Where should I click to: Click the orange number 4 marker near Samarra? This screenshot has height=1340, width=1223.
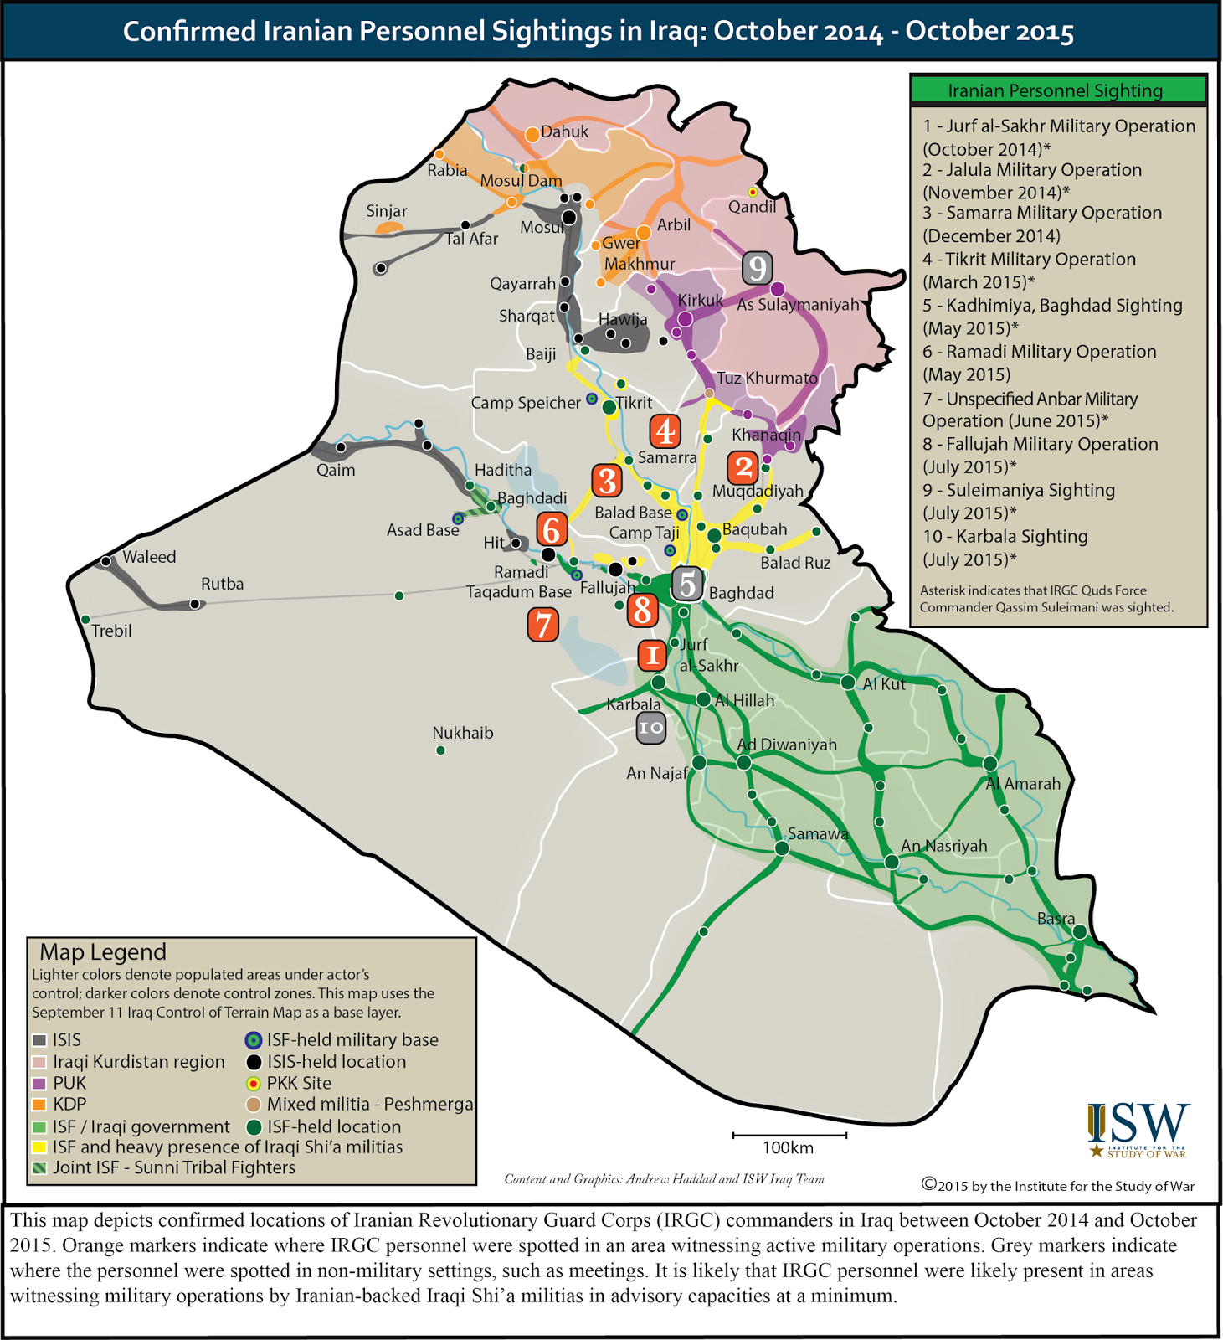click(x=665, y=431)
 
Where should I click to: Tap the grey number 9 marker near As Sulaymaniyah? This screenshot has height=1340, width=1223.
click(x=757, y=268)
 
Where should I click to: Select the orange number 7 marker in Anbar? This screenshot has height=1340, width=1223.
click(x=543, y=625)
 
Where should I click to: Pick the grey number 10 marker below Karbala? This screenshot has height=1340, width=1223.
click(x=650, y=728)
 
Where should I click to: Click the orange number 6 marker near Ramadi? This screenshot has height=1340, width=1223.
click(x=552, y=530)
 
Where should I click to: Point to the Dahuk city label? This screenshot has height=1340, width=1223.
click(x=564, y=131)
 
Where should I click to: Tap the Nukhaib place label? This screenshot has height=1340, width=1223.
click(x=462, y=733)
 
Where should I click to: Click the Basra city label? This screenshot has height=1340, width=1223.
click(x=1056, y=919)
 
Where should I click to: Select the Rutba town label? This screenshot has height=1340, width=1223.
click(x=222, y=584)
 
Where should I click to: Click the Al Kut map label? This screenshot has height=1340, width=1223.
click(x=884, y=683)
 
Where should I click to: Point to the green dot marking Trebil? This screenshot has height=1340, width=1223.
click(x=85, y=619)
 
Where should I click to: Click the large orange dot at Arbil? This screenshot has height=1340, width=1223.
click(x=644, y=232)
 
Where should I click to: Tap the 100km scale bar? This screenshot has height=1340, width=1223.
click(x=789, y=1136)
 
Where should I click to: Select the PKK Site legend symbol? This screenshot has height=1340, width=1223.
click(x=253, y=1084)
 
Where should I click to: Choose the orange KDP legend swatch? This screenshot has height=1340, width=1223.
click(x=39, y=1105)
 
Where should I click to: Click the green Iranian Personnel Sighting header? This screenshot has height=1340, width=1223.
click(x=1058, y=90)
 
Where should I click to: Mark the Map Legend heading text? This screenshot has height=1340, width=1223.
click(x=103, y=952)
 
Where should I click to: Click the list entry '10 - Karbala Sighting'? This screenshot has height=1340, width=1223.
click(x=1005, y=537)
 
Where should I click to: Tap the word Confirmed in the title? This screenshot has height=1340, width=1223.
click(x=189, y=32)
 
